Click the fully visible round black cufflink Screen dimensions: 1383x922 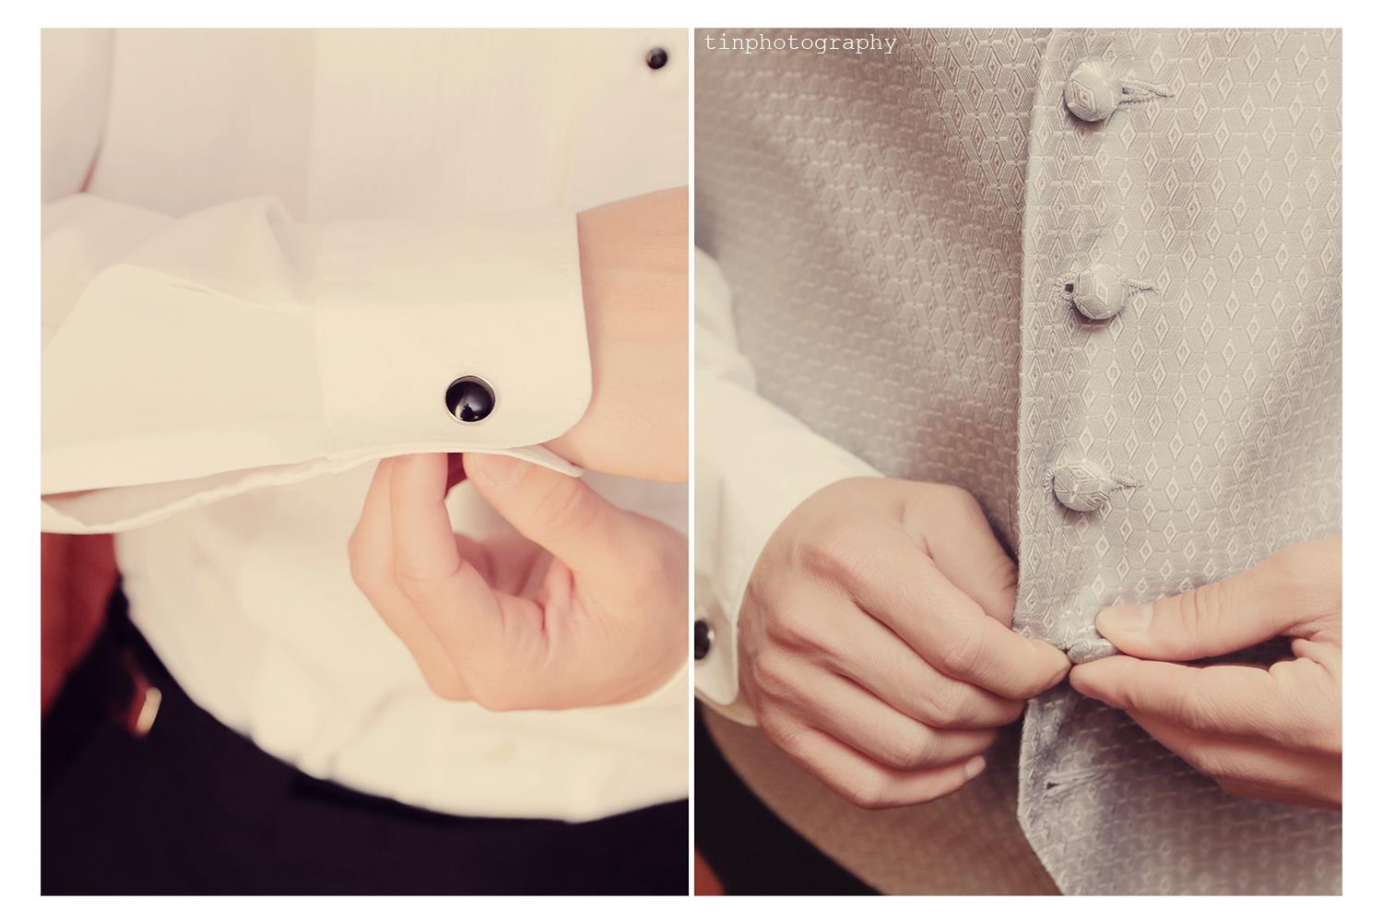pyautogui.click(x=470, y=398)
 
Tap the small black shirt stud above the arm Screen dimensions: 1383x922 pyautogui.click(x=656, y=59)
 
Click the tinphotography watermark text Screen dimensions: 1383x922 pyautogui.click(x=800, y=43)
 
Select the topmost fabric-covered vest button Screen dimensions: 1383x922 pyautogui.click(x=1091, y=90)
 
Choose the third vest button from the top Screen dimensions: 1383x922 pyautogui.click(x=1078, y=486)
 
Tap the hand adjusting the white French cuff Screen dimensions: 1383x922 pyautogui.click(x=518, y=581)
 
